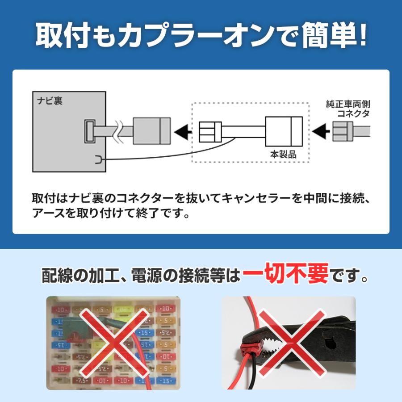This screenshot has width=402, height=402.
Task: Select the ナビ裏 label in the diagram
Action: click(x=50, y=100)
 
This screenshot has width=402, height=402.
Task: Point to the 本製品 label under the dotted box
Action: click(x=283, y=154)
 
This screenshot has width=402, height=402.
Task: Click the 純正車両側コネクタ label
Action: click(x=348, y=109)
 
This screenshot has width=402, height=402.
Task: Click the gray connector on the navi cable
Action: click(x=151, y=131)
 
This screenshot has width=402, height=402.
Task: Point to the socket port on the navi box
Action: click(x=89, y=132)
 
